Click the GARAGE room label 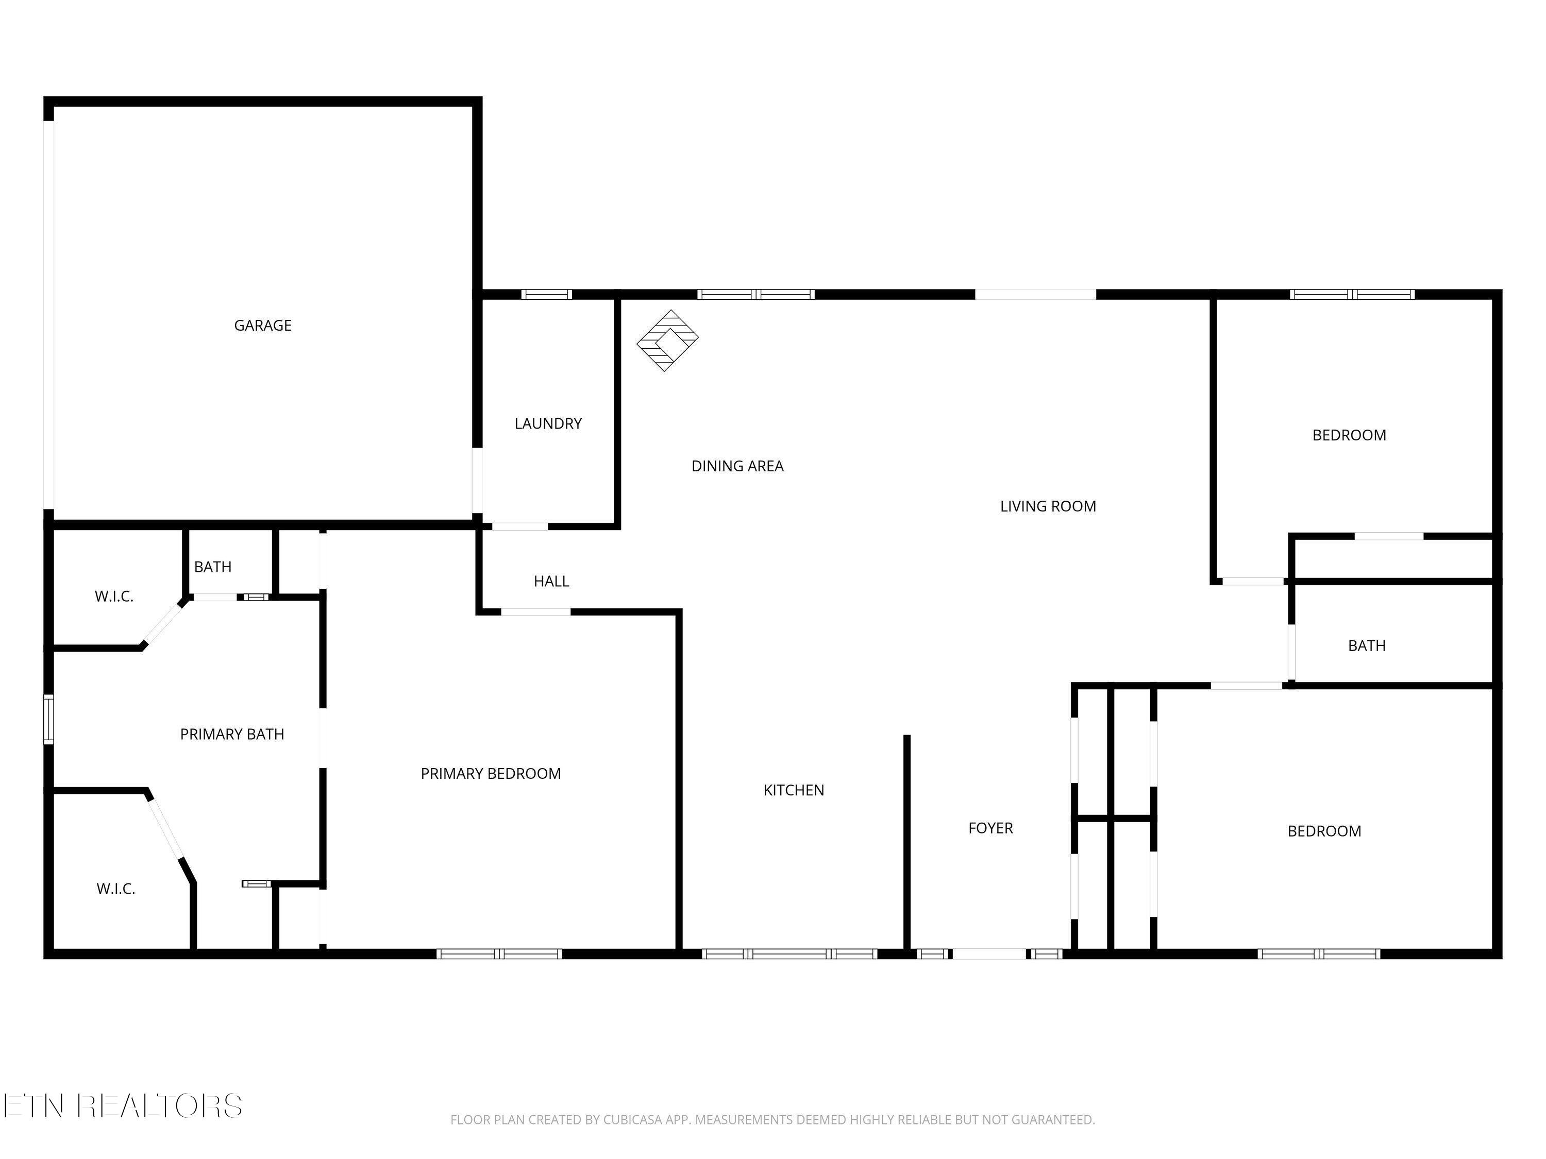coord(262,326)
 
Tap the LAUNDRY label coord(548,424)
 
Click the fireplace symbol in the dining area coord(667,341)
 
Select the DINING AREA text coord(737,467)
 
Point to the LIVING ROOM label coord(1048,506)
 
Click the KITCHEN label coord(793,791)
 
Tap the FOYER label coord(990,828)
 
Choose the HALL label coord(551,581)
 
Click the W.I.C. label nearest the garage coord(114,596)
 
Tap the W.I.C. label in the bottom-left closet coord(116,889)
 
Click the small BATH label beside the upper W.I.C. coord(212,567)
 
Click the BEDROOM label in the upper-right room coord(1349,436)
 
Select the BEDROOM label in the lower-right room coord(1324,831)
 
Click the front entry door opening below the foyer coord(989,953)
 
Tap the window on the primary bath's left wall coord(48,719)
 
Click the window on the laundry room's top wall coord(547,294)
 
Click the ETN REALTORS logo coord(123,1106)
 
